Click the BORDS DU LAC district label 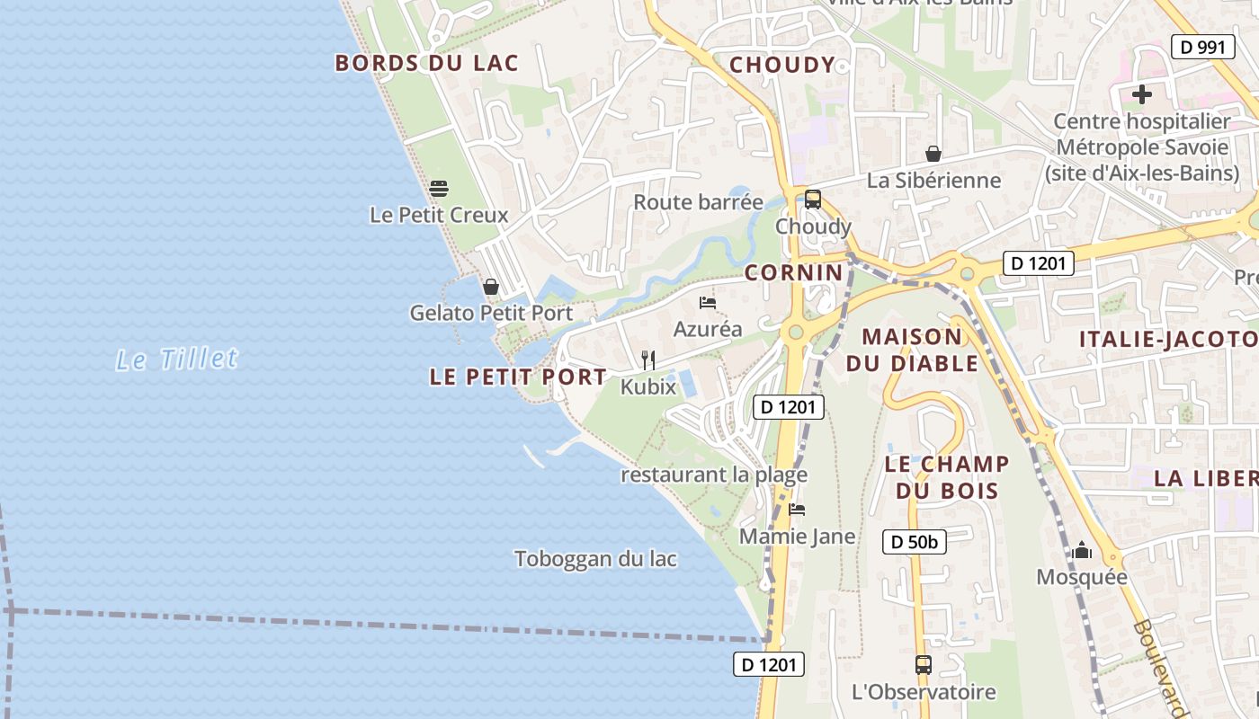tap(427, 63)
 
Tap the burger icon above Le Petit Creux tap(439, 189)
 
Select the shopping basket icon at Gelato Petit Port tap(491, 287)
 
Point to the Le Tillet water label tap(177, 359)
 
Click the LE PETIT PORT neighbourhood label tap(518, 377)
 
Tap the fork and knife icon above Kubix tap(647, 360)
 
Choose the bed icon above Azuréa tap(708, 303)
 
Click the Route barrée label tap(698, 202)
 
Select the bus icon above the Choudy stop tap(813, 200)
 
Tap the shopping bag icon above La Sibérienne tap(933, 154)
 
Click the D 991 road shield tap(1202, 47)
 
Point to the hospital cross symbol tap(1142, 93)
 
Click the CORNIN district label tap(794, 273)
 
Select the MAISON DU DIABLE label tap(912, 351)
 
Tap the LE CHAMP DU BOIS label tap(947, 477)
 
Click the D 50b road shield tap(914, 542)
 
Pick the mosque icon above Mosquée tap(1082, 550)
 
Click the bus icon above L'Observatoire tap(924, 665)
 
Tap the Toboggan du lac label tap(595, 559)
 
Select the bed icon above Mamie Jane tap(797, 510)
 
